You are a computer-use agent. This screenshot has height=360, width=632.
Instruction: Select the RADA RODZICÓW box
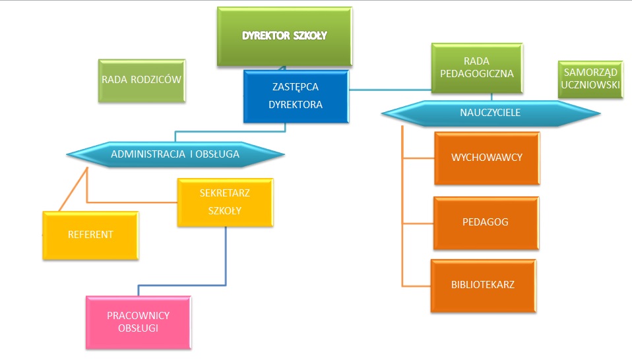(141, 80)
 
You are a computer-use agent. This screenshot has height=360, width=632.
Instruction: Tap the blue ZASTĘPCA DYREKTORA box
(296, 96)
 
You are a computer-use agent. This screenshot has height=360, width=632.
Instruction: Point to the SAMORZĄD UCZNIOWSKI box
(590, 80)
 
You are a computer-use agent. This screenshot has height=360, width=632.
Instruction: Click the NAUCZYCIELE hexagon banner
(490, 113)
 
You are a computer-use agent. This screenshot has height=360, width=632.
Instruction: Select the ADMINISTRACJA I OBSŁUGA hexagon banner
(175, 155)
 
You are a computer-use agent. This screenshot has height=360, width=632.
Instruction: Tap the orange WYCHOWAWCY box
(487, 158)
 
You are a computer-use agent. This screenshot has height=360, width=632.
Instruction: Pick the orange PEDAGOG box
(485, 222)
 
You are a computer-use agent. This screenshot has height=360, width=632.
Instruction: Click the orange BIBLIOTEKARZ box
(483, 285)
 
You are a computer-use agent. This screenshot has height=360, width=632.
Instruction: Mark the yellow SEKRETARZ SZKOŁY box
(225, 202)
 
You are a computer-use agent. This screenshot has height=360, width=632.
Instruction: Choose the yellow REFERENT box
(90, 235)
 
